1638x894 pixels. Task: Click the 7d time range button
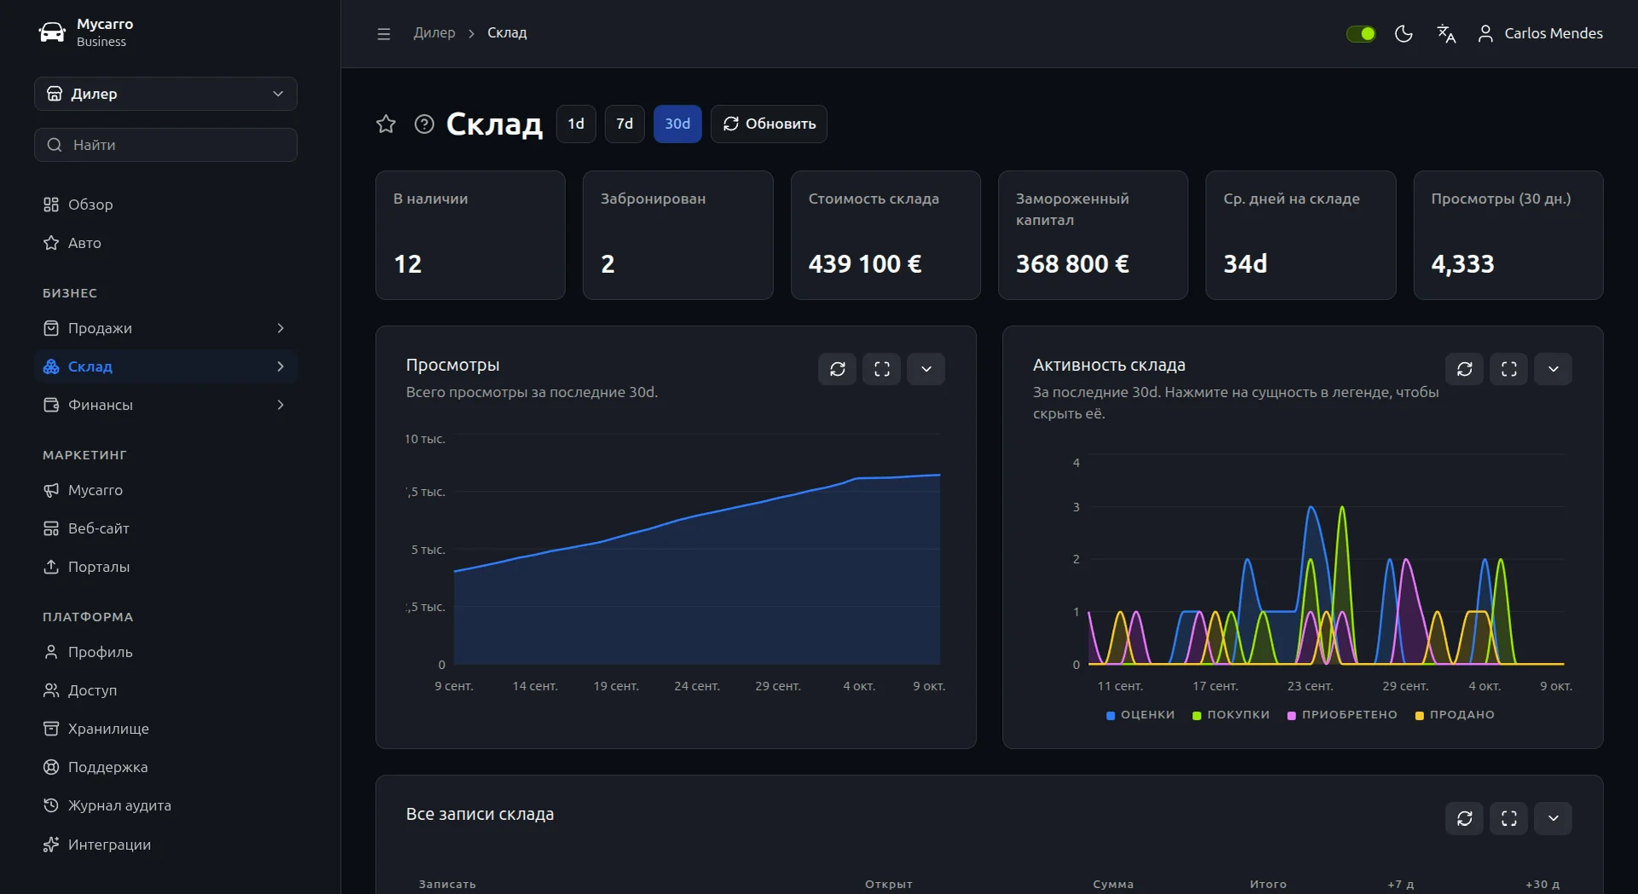(625, 124)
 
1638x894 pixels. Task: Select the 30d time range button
(678, 124)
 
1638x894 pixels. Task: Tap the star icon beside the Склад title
(386, 124)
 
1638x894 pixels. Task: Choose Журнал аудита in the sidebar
(119, 805)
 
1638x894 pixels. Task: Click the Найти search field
(165, 145)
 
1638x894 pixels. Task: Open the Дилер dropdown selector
(165, 94)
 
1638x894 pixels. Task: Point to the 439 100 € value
(865, 264)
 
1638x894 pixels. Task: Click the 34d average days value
(1245, 264)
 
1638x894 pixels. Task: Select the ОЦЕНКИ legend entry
(1140, 715)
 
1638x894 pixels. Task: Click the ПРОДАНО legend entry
(1455, 715)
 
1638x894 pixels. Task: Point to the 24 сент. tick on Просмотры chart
(697, 686)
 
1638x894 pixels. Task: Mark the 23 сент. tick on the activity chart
(1310, 686)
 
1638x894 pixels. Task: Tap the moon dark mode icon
(1404, 33)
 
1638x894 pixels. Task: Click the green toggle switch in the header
(1361, 33)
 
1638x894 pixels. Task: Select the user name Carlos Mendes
(1554, 33)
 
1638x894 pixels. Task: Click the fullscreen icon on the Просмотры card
(882, 369)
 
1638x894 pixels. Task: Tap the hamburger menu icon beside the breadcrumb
(384, 33)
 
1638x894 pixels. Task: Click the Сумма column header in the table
(1113, 885)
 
